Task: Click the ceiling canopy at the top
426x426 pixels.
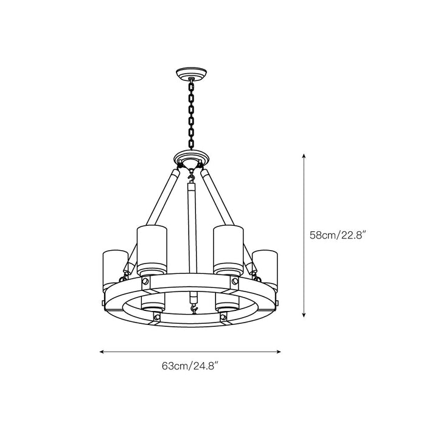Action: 190,75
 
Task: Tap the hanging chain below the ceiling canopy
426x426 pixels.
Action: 190,116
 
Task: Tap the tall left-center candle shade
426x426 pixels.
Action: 152,248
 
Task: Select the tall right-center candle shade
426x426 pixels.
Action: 228,248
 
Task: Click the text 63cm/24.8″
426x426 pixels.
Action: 190,366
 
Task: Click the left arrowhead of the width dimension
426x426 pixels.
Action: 102,352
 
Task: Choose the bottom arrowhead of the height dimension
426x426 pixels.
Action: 304,315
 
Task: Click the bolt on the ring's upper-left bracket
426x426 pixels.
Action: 146,281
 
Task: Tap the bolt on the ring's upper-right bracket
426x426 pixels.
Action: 234,281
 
